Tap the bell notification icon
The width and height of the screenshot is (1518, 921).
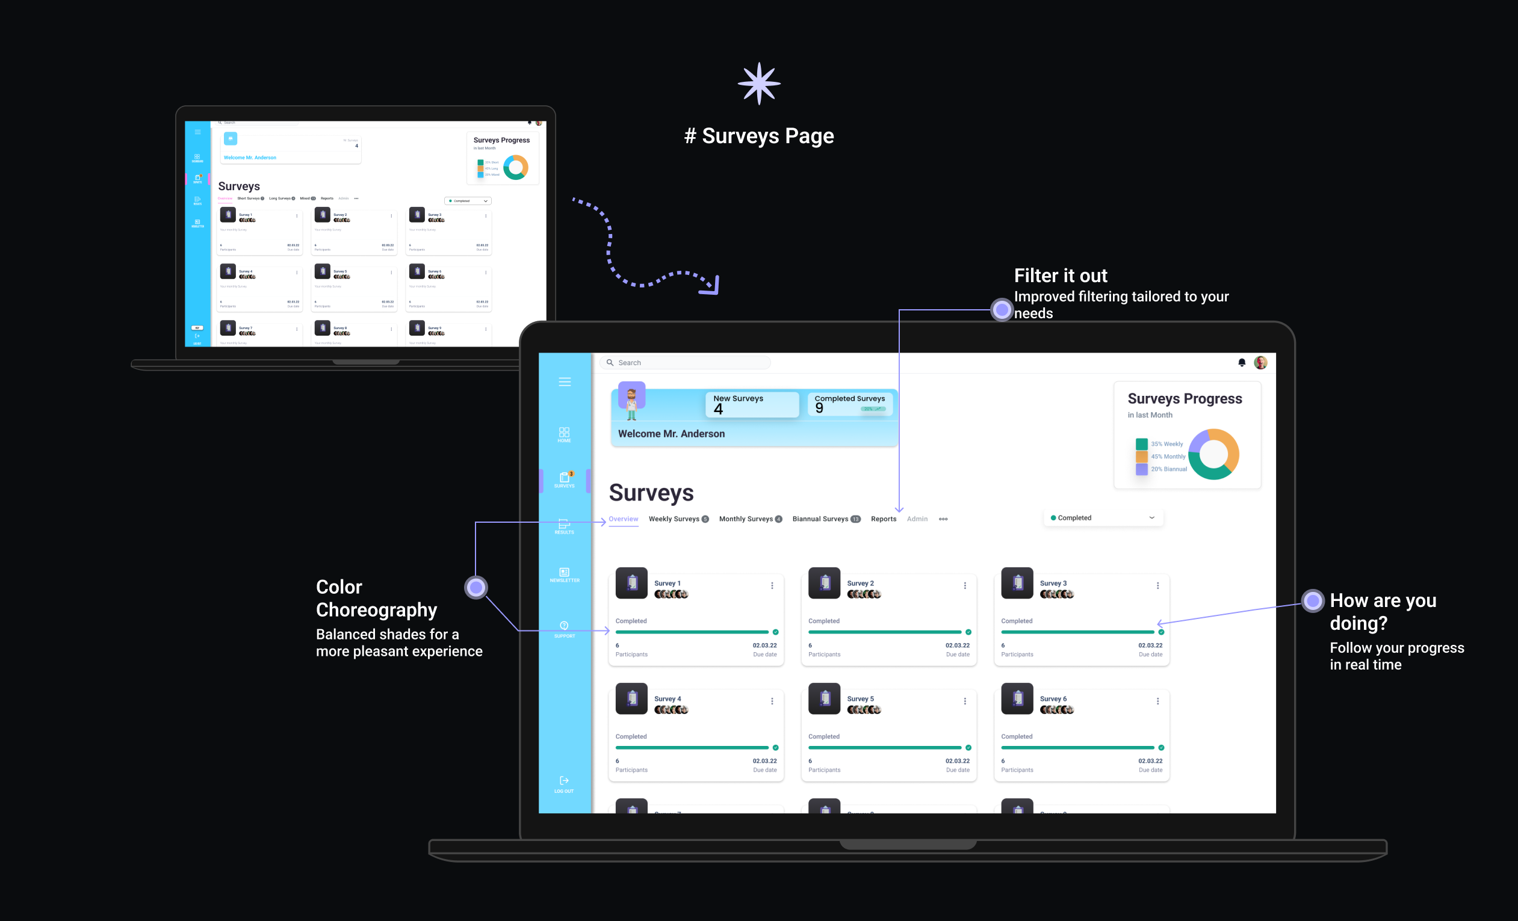[1241, 363]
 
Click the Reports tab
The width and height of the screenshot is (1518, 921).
[884, 519]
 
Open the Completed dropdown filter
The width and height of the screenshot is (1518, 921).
[1103, 518]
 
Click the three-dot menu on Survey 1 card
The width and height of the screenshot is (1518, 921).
[772, 585]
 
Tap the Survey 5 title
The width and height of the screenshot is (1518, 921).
[860, 699]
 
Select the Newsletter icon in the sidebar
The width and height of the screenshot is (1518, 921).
[565, 573]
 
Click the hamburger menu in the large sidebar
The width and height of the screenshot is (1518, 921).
[565, 382]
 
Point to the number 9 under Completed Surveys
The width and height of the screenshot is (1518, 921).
[819, 408]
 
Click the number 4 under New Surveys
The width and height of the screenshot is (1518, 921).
[718, 410]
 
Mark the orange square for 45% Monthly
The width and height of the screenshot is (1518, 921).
[1142, 457]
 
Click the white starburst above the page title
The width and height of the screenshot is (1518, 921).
[759, 84]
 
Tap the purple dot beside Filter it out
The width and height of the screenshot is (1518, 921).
[1002, 310]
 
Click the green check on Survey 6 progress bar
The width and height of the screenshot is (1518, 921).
[1161, 747]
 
